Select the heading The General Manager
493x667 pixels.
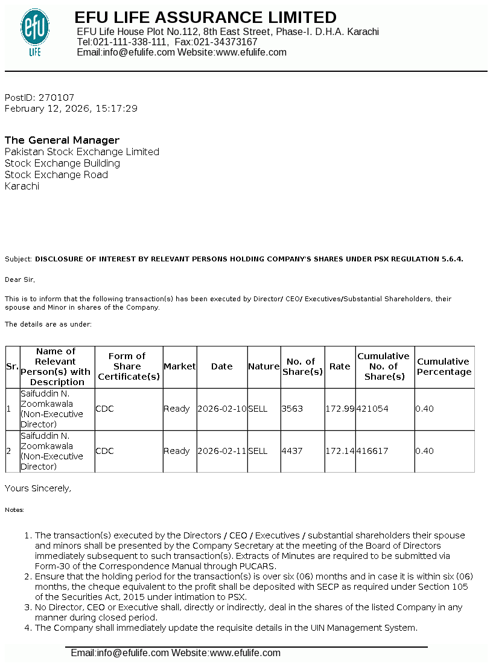(x=62, y=140)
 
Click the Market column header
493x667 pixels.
(x=180, y=366)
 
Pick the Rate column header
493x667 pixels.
(x=340, y=366)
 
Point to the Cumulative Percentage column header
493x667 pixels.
(x=444, y=366)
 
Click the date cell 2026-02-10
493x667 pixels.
(x=222, y=409)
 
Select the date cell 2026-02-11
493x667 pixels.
(x=222, y=451)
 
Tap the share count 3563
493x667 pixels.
(x=291, y=409)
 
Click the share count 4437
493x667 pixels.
(x=291, y=451)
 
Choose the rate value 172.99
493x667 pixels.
(x=340, y=409)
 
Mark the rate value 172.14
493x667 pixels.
(x=340, y=451)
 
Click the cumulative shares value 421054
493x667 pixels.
(x=372, y=409)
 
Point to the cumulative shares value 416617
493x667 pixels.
(x=372, y=451)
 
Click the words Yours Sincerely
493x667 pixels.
(x=37, y=488)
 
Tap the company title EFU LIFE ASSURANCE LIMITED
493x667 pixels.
(x=206, y=17)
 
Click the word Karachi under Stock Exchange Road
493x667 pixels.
(x=22, y=187)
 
